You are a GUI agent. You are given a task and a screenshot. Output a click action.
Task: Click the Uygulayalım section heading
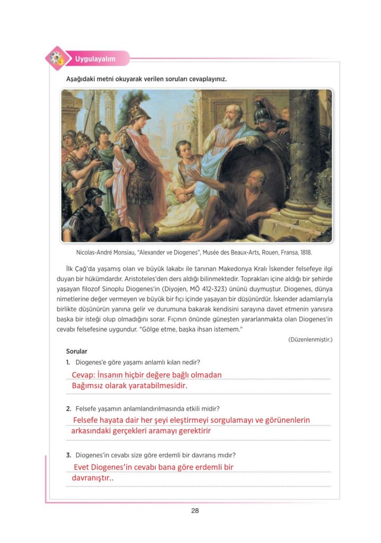click(x=95, y=59)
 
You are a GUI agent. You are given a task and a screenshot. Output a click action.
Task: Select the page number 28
click(x=194, y=511)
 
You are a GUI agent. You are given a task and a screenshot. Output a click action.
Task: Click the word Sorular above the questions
click(x=76, y=351)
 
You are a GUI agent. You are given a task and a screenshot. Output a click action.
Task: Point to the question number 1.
click(x=68, y=362)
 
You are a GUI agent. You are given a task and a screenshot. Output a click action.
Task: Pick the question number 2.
click(x=68, y=408)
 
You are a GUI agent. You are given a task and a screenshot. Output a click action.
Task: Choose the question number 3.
click(x=68, y=455)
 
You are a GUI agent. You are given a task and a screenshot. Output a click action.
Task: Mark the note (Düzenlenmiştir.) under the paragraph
click(x=310, y=339)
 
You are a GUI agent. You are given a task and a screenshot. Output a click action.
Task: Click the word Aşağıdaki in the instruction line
click(x=82, y=79)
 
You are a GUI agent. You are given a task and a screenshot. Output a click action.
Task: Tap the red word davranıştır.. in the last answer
click(x=93, y=478)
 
